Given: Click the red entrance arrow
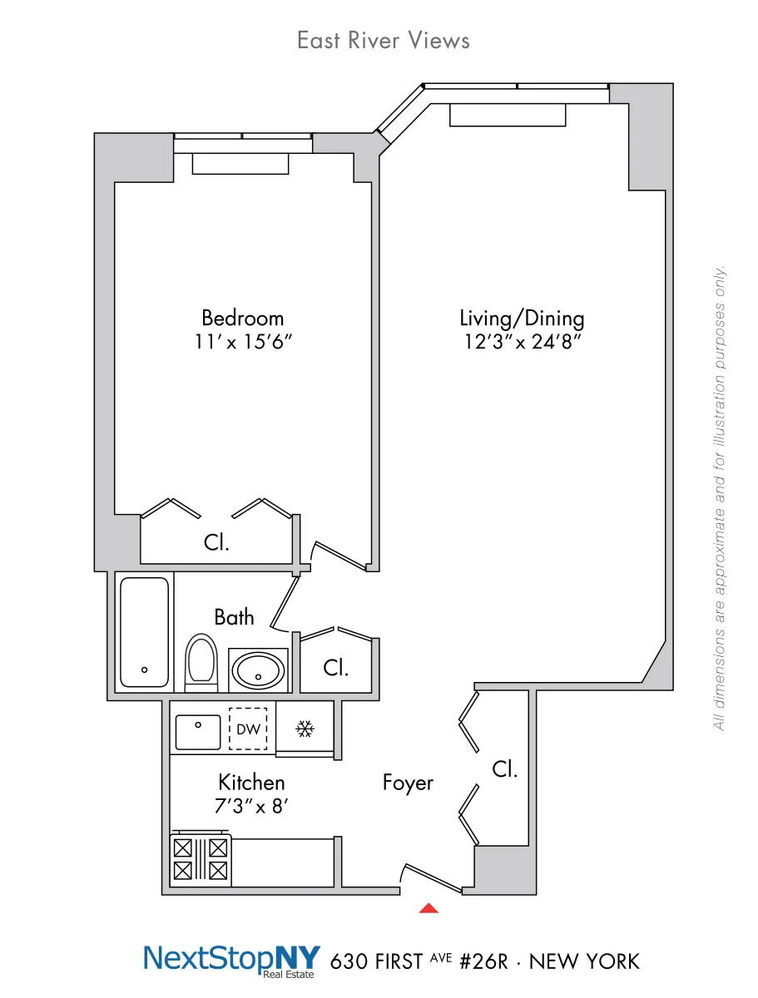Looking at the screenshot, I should click(428, 908).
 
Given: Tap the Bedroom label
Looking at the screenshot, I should click(242, 318).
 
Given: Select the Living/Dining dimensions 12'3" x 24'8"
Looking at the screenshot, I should click(522, 342).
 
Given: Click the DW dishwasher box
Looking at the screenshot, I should click(249, 729).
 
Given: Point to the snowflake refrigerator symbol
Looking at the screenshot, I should click(305, 729).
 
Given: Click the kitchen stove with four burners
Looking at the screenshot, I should click(200, 860).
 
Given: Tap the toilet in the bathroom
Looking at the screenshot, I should click(201, 663).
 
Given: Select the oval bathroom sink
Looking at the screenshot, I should click(258, 669).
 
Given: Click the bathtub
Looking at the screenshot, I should click(145, 632).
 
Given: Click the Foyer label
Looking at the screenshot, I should click(408, 783).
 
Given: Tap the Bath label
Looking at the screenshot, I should click(234, 617).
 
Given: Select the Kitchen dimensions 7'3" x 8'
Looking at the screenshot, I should click(251, 806).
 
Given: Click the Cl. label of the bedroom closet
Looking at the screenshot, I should click(216, 543).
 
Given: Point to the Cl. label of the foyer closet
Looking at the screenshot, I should click(504, 769).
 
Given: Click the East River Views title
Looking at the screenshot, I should click(383, 40).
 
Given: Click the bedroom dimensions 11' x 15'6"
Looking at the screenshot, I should click(242, 342).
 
